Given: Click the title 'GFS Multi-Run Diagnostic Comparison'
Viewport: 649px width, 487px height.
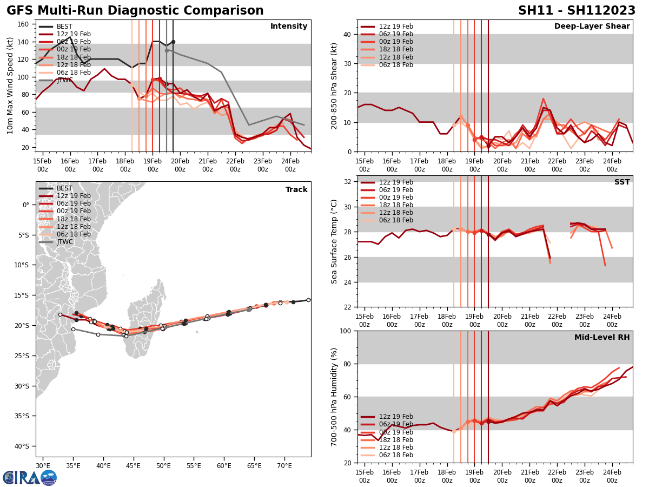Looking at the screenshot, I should tap(135, 11).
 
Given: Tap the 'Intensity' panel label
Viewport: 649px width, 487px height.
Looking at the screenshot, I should tap(289, 27).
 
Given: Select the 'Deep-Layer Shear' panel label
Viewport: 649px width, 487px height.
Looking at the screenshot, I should tap(592, 27).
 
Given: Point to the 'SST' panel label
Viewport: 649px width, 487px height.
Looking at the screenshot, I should tap(621, 182).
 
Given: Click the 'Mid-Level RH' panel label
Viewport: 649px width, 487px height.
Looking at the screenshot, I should tap(602, 338).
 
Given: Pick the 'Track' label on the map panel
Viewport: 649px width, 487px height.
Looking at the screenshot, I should tap(296, 190).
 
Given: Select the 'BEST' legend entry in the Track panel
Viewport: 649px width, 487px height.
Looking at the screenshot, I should tap(64, 188).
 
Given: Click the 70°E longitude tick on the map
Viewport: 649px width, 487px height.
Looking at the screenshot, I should tap(284, 465).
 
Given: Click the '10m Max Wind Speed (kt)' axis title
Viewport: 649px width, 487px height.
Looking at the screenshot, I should tap(10, 85).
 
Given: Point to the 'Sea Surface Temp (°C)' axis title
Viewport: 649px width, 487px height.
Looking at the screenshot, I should tap(334, 241).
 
